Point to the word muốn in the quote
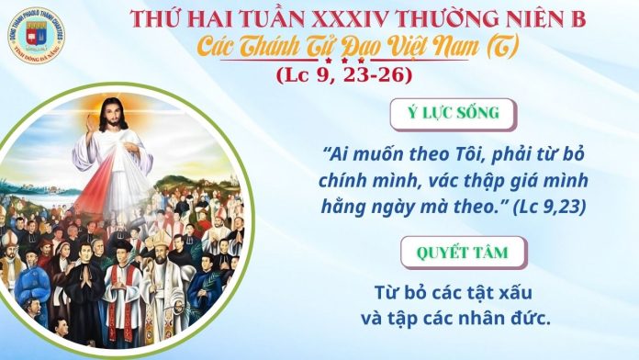pyautogui.click(x=369, y=152)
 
